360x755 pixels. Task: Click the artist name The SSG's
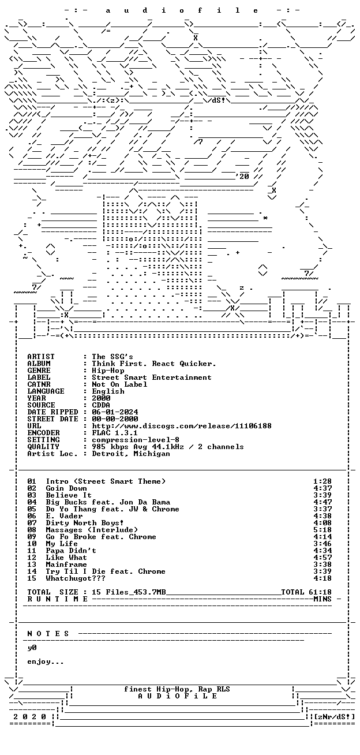(x=112, y=357)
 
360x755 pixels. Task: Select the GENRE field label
(x=39, y=371)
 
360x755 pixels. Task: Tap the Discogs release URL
(x=182, y=426)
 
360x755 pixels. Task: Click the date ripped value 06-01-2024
(x=115, y=412)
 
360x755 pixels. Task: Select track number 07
(x=32, y=523)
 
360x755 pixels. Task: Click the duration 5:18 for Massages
(x=322, y=530)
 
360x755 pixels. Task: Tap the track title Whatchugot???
(x=76, y=578)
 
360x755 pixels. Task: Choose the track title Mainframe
(x=66, y=565)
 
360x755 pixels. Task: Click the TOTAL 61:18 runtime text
(x=306, y=592)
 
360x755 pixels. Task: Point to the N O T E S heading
(x=48, y=634)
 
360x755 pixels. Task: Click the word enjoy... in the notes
(x=46, y=661)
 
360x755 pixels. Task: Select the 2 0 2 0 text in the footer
(x=29, y=716)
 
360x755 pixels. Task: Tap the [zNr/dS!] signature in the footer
(x=334, y=716)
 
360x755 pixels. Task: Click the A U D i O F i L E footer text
(x=177, y=696)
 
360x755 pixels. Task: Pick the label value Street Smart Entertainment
(x=152, y=377)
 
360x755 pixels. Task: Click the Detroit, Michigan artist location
(x=131, y=454)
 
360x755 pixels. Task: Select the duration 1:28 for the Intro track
(x=322, y=481)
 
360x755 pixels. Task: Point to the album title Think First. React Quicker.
(x=154, y=364)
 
